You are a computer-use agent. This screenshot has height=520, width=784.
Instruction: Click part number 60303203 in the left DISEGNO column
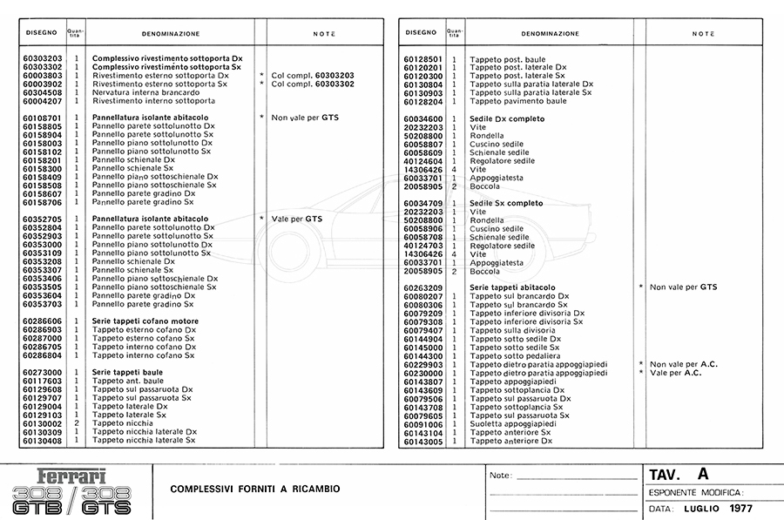(42, 57)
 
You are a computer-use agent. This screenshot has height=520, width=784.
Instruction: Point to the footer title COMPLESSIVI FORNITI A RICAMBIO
(255, 489)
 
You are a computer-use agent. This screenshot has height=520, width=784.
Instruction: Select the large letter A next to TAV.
(703, 474)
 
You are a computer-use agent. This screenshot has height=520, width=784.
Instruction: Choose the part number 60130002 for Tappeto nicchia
(42, 423)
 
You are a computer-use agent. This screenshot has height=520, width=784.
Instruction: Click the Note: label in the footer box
(501, 476)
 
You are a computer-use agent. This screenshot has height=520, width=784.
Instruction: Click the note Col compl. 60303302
(313, 84)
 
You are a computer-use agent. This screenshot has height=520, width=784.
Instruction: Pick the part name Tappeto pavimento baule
(518, 101)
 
